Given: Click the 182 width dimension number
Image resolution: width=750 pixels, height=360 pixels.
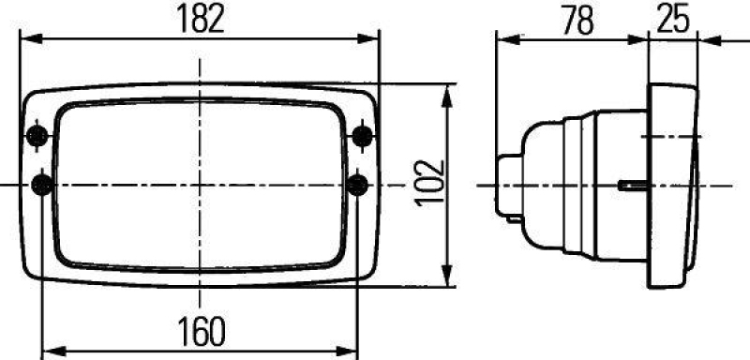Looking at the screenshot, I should [201, 19].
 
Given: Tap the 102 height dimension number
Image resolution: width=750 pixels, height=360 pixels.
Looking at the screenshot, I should [427, 183].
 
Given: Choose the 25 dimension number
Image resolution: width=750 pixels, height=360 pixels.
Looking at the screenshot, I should [672, 20].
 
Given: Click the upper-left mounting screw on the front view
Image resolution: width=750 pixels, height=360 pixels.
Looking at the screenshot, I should [38, 137].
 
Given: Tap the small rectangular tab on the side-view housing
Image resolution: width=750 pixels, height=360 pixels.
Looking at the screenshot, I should [631, 185].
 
